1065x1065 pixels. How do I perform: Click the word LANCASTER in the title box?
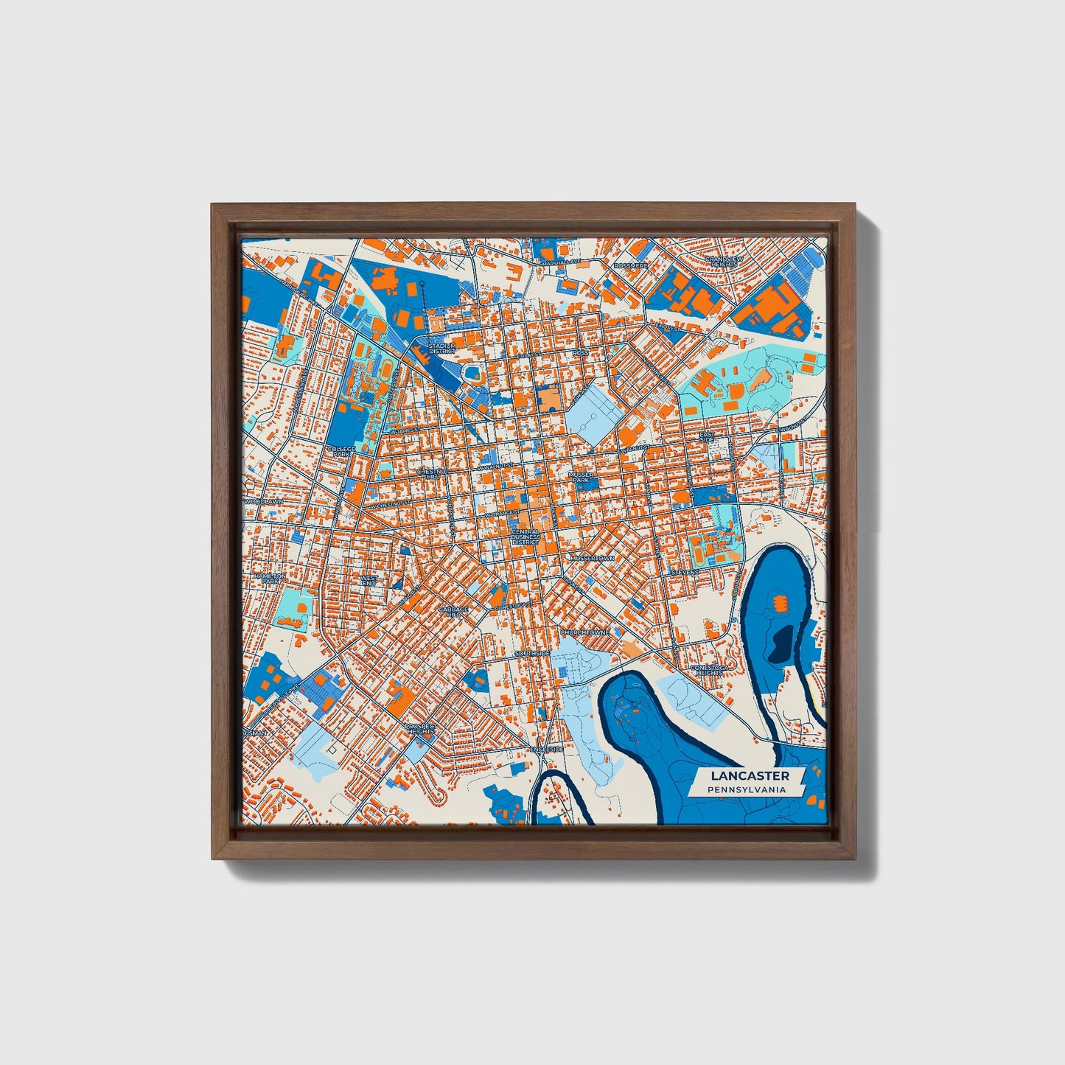pyautogui.click(x=750, y=775)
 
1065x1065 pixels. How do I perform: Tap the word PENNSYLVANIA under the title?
pyautogui.click(x=746, y=790)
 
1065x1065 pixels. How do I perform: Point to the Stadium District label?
pyautogui.click(x=441, y=348)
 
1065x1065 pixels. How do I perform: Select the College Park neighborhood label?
pyautogui.click(x=341, y=451)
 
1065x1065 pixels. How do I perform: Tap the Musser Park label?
pyautogui.click(x=582, y=478)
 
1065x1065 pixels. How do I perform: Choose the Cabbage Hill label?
pyautogui.click(x=453, y=611)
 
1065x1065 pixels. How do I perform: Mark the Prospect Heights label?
pyautogui.click(x=421, y=729)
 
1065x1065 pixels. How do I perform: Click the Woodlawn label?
pyautogui.click(x=263, y=501)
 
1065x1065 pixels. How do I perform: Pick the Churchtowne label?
pyautogui.click(x=584, y=632)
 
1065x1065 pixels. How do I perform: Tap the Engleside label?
pyautogui.click(x=546, y=749)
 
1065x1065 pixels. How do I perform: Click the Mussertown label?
pyautogui.click(x=591, y=559)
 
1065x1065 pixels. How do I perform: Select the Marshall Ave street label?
pyautogui.click(x=561, y=262)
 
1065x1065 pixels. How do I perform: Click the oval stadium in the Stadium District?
pyautogui.click(x=470, y=372)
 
